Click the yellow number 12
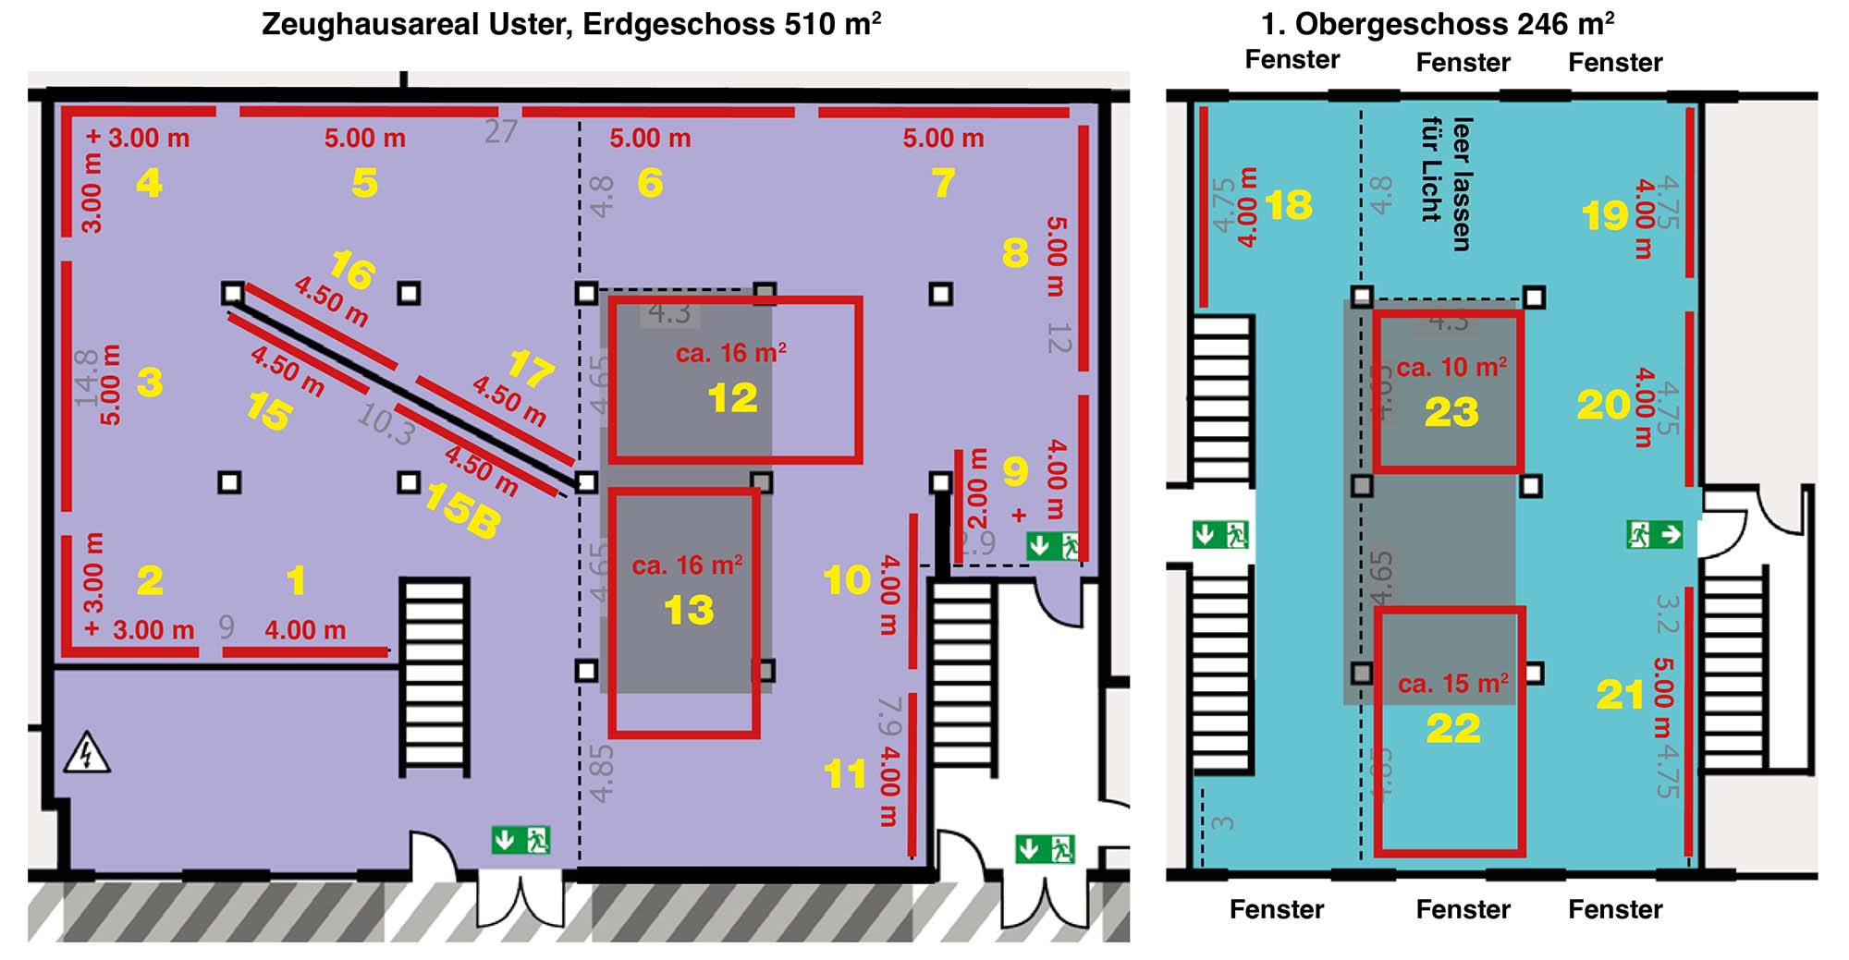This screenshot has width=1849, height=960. [x=732, y=398]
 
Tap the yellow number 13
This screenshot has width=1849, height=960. [x=689, y=610]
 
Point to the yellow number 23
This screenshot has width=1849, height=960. [x=1451, y=412]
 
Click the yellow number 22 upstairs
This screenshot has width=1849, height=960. [x=1453, y=729]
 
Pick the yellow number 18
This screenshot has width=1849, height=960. [x=1289, y=205]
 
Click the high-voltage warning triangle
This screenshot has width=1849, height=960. [x=87, y=753]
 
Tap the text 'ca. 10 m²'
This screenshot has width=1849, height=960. [x=1451, y=368]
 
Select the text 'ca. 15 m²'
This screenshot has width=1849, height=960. [x=1453, y=684]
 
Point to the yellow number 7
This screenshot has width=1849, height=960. [x=943, y=183]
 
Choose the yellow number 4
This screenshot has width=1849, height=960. [x=149, y=183]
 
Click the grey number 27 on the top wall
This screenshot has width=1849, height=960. [x=500, y=131]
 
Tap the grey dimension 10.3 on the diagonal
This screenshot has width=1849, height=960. [x=385, y=424]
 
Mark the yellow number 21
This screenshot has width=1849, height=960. [x=1620, y=696]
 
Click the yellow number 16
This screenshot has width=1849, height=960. [x=352, y=271]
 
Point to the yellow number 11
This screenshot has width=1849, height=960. [x=845, y=774]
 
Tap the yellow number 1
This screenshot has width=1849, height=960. [x=296, y=581]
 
